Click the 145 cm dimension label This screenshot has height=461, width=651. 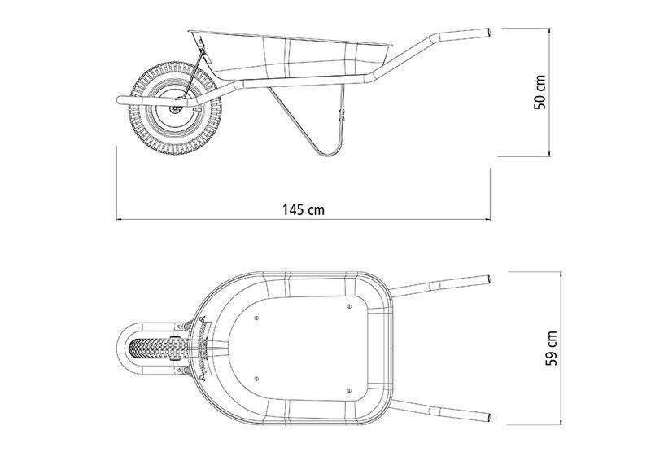click(303, 209)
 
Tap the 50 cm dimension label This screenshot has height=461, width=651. click(540, 92)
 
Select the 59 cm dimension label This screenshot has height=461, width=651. click(551, 349)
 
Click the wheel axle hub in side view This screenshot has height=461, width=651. click(175, 109)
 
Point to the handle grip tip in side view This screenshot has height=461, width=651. click(488, 33)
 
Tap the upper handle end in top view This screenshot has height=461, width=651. click(488, 279)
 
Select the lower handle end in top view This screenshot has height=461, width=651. click(488, 417)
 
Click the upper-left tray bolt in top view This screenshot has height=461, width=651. click(256, 318)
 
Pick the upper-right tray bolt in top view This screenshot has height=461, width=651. click(349, 306)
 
